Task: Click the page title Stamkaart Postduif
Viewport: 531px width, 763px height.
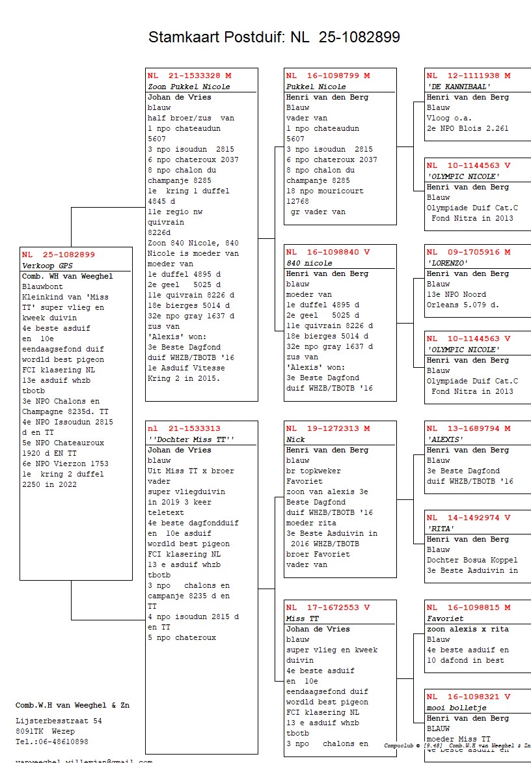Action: tap(274, 37)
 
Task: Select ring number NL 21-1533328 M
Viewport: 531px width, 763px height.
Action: tap(189, 76)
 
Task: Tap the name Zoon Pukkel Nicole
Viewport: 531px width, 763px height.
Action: tap(189, 87)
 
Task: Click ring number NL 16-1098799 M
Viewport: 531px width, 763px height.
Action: tap(328, 76)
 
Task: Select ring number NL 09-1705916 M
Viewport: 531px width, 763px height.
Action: tap(469, 252)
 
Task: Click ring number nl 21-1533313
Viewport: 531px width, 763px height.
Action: tap(184, 428)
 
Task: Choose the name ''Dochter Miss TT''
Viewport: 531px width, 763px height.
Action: tap(191, 439)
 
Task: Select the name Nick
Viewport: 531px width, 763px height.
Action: tap(295, 439)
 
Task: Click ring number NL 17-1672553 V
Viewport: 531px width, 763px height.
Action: tap(328, 607)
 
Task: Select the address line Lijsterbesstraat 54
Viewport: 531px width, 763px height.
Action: tap(59, 721)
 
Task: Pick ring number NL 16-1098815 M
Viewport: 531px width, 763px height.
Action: tap(469, 607)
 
